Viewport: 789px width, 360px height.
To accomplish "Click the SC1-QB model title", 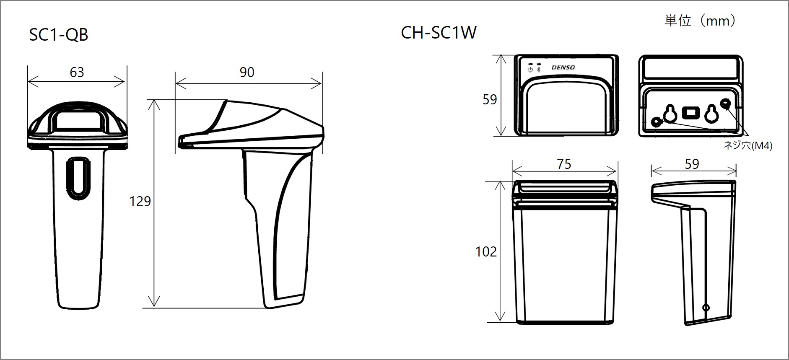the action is (59, 35).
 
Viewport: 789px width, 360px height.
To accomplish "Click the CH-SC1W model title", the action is (439, 33).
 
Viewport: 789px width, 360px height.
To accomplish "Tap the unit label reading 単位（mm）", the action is (700, 21).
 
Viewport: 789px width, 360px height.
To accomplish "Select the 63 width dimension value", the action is (77, 73).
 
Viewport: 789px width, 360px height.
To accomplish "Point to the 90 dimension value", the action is (247, 72).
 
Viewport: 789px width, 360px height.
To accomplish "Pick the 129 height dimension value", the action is (140, 202).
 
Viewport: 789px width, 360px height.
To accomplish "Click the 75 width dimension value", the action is (564, 164).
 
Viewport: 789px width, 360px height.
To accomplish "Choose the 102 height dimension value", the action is (486, 251).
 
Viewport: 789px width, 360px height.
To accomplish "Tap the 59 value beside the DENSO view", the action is (490, 99).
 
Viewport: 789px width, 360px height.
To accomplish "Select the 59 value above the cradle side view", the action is (692, 164).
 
